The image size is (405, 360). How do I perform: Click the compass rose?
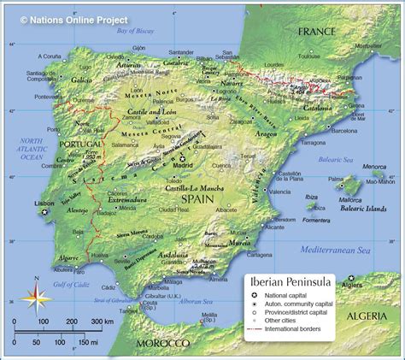35,298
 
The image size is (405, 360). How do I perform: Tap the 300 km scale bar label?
103,321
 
